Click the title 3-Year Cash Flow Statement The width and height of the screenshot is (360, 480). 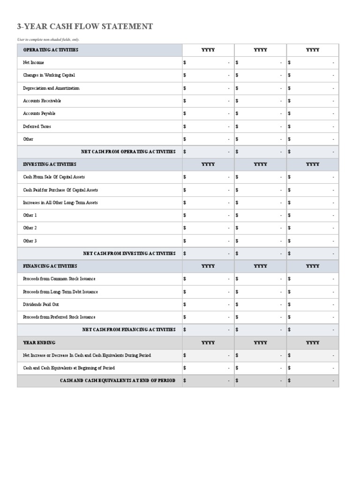point(85,27)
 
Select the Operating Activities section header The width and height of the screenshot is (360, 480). point(51,50)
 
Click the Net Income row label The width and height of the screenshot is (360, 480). point(34,62)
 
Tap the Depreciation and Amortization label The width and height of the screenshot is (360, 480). point(51,88)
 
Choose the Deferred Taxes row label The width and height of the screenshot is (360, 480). point(37,127)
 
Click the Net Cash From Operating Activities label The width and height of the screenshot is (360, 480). point(128,152)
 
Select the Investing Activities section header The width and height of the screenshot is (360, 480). point(50,165)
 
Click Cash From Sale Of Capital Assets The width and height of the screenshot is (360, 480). point(54,177)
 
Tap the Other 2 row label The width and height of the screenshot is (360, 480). point(30,228)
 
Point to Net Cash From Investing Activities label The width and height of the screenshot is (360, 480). point(129,254)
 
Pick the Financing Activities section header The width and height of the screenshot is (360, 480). point(50,266)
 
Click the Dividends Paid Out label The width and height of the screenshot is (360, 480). point(41,304)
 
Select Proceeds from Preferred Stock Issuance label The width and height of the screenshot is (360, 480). point(59,317)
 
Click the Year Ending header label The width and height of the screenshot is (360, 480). point(39,343)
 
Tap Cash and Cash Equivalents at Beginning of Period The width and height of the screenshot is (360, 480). point(69,368)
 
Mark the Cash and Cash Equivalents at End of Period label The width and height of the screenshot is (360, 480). point(118,381)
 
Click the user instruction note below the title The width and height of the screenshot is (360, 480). point(48,39)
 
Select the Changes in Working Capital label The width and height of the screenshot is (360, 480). point(49,75)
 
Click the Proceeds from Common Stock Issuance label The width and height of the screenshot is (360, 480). point(59,279)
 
